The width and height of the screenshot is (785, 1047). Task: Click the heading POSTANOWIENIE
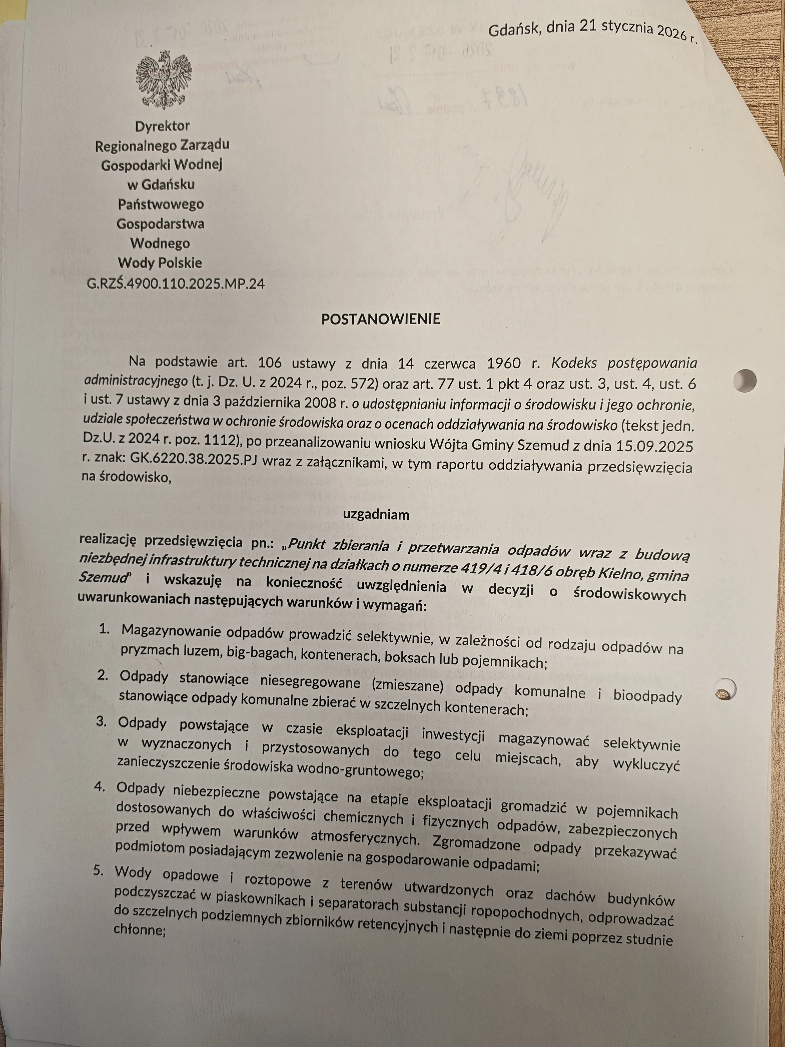[380, 319]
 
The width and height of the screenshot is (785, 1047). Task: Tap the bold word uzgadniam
[376, 515]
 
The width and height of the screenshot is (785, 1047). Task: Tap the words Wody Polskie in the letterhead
[160, 263]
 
